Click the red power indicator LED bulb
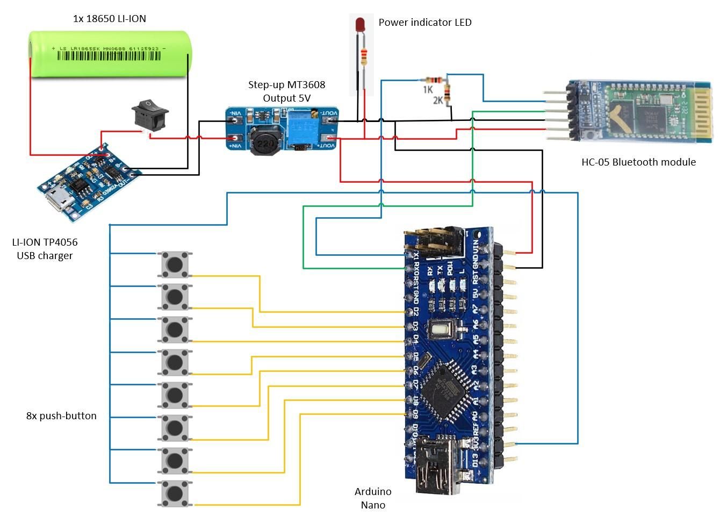[x=360, y=24]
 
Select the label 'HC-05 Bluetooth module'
[x=638, y=162]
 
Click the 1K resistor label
[x=428, y=90]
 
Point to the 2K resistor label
[x=438, y=101]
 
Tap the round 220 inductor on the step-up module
[x=265, y=142]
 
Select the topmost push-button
[x=175, y=264]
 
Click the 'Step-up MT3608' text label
[x=286, y=85]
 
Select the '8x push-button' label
[x=61, y=416]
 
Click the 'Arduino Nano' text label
[x=373, y=498]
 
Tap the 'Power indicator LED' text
[x=425, y=23]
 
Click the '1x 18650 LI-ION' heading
[x=110, y=19]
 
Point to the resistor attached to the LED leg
[x=364, y=56]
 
